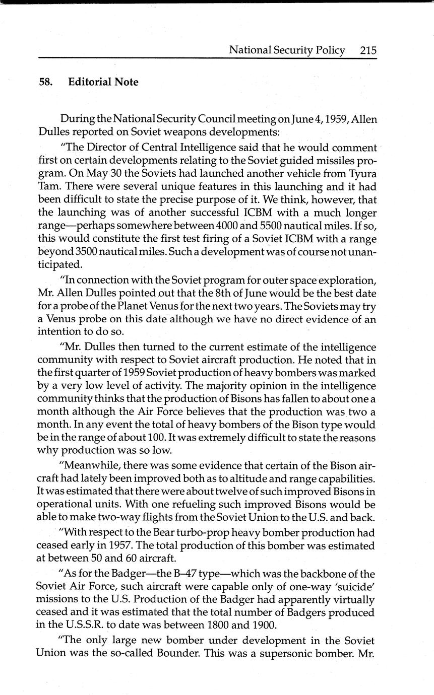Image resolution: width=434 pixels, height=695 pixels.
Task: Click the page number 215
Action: pos(368,50)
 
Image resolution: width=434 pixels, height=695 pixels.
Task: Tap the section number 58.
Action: pos(46,82)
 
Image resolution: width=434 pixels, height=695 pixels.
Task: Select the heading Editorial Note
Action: pos(103,82)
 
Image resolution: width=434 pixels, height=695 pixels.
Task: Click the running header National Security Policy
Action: pos(287,50)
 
